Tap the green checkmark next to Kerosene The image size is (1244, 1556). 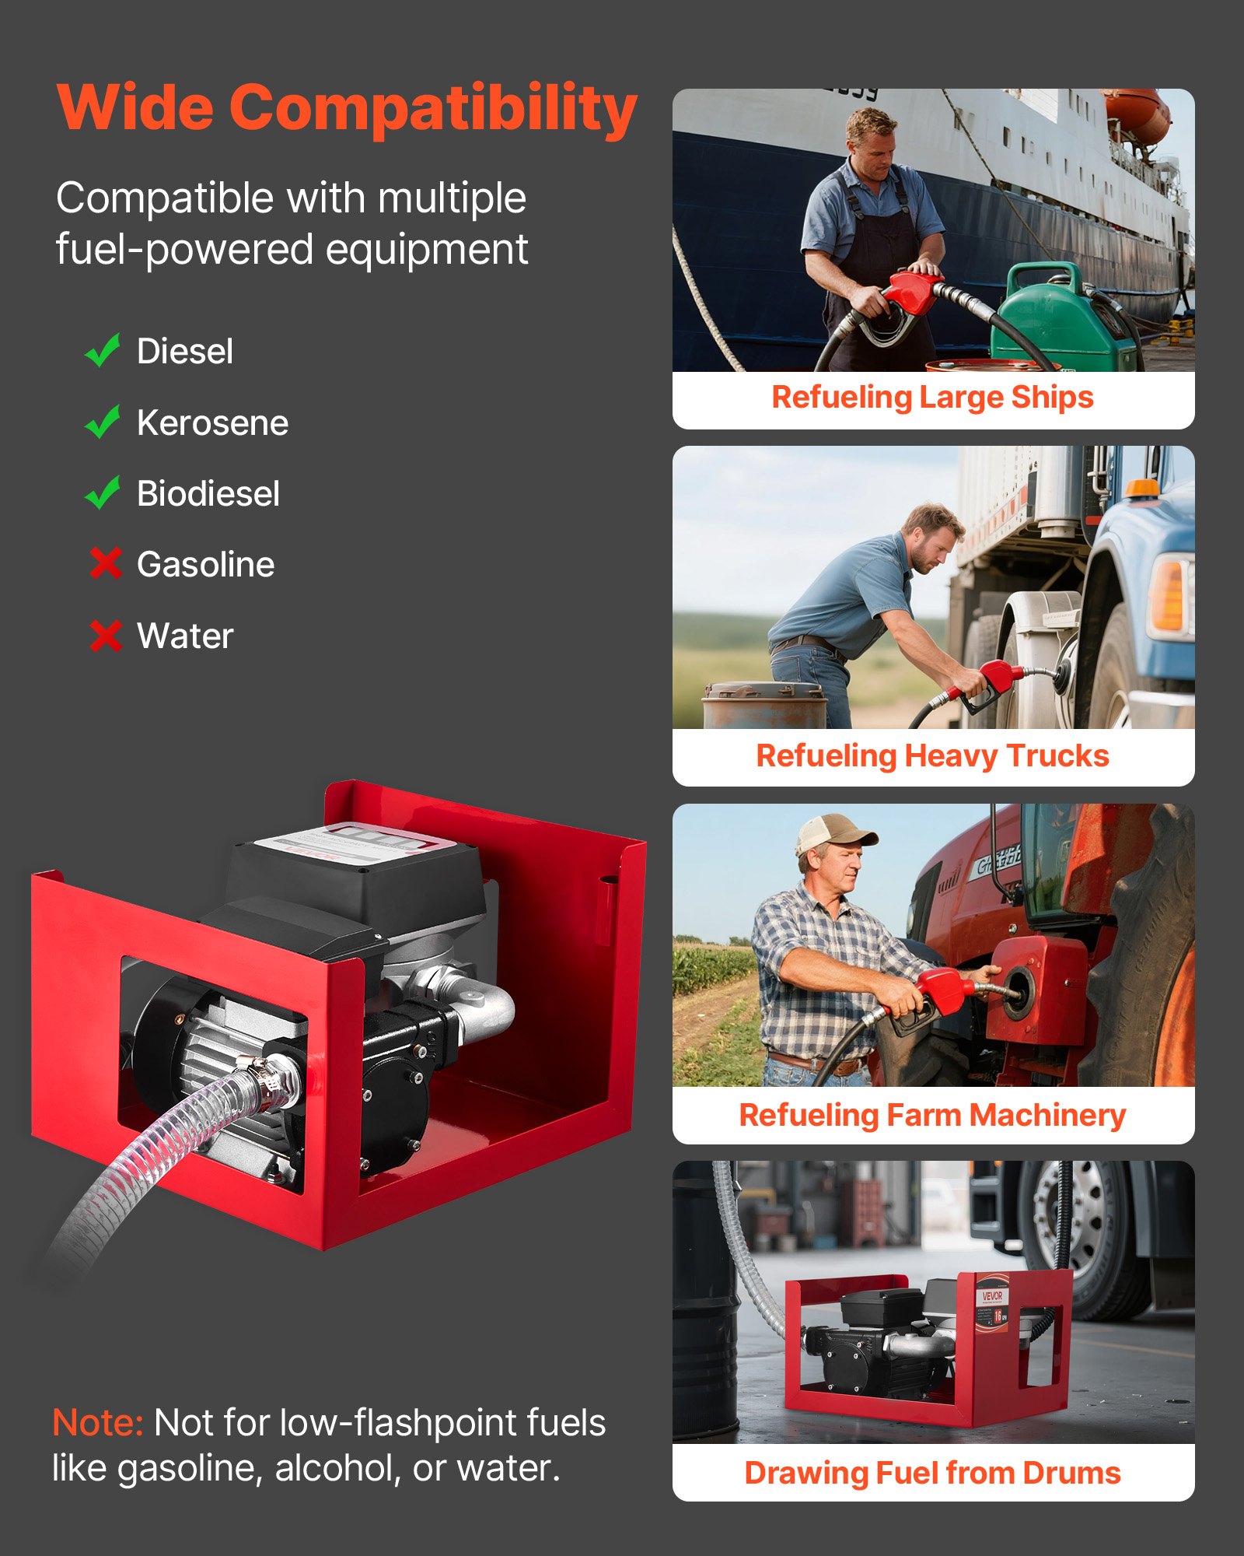point(103,422)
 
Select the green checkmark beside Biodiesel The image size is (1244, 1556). point(103,492)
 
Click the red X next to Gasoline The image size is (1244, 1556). point(106,564)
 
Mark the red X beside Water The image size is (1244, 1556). point(106,636)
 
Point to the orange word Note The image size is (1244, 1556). point(98,1424)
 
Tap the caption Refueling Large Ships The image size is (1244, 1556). point(932,398)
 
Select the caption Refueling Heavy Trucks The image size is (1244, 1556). point(932,756)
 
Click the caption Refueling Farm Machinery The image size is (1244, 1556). point(932,1116)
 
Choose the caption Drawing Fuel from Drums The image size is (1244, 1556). point(932,1474)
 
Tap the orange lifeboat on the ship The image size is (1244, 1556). point(1136,117)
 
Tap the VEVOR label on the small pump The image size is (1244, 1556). point(993,1296)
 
